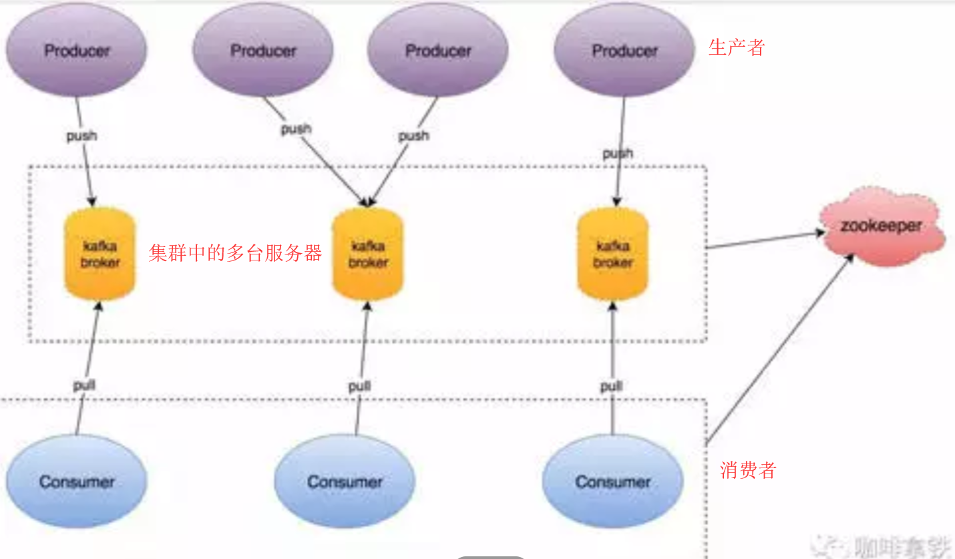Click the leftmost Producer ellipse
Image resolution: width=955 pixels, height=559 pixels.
tap(76, 51)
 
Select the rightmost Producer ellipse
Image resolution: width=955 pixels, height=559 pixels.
tap(624, 51)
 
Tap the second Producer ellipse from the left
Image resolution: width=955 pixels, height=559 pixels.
tap(262, 51)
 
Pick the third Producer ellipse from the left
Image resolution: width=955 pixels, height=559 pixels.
tap(438, 51)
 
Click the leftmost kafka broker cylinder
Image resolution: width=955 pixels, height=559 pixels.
tap(100, 254)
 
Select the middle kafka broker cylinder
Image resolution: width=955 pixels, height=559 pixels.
tap(368, 254)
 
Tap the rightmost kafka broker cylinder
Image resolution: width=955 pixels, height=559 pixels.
tap(612, 254)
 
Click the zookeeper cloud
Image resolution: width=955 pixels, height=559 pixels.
tap(881, 226)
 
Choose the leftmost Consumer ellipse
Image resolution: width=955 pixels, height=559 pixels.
tap(76, 482)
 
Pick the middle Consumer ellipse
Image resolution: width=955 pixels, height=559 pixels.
tap(345, 482)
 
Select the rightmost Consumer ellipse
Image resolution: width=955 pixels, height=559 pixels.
tap(612, 482)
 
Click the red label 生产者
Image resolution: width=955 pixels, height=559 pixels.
tap(736, 47)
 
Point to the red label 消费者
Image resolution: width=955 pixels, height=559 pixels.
tap(748, 470)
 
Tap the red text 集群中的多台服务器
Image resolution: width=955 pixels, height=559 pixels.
tap(235, 253)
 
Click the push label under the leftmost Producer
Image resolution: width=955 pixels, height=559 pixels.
tap(81, 136)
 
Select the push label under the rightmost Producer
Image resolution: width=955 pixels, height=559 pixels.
tap(618, 154)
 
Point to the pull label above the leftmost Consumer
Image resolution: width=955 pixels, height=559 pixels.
tap(84, 385)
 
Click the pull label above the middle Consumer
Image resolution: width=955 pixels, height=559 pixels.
tap(359, 387)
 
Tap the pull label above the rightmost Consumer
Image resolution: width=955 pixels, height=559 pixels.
tap(611, 387)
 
